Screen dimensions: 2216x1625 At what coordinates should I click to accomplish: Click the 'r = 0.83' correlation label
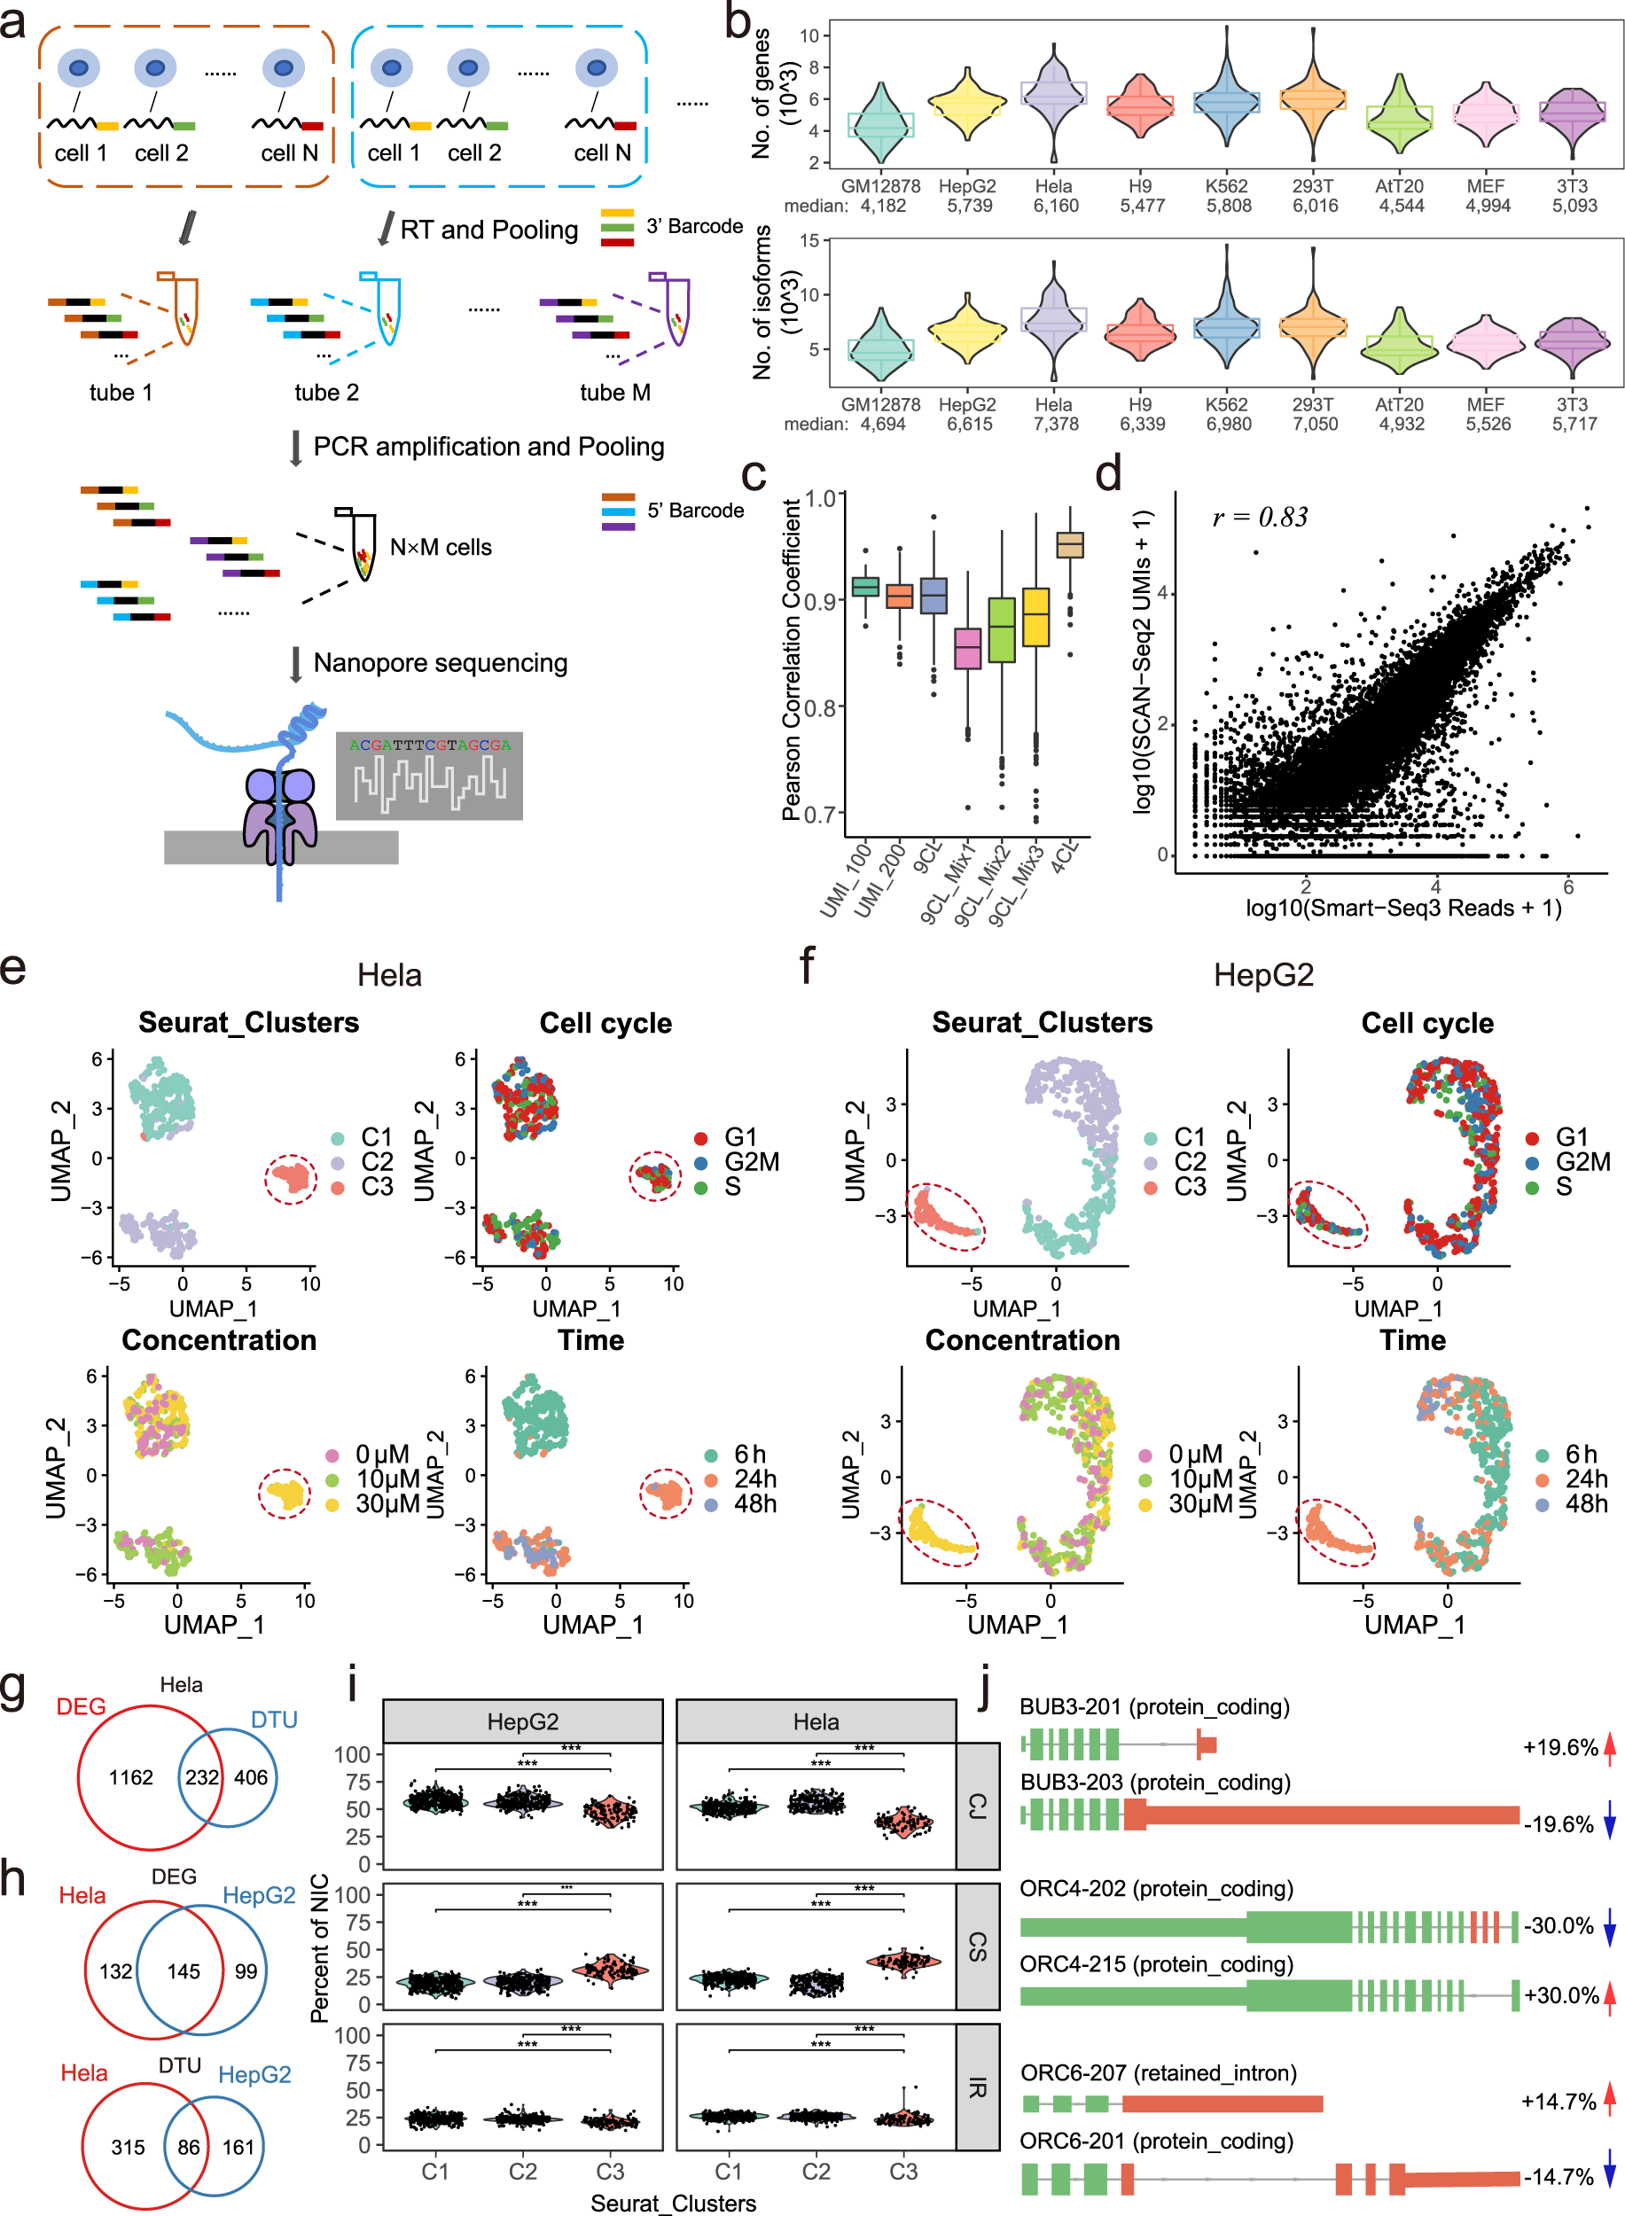pos(1260,518)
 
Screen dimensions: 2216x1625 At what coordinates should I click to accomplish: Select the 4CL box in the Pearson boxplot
pos(1069,544)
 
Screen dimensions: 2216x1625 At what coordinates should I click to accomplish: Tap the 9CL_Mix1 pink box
pos(968,649)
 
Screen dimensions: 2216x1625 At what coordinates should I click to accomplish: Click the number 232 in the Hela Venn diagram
pos(201,1777)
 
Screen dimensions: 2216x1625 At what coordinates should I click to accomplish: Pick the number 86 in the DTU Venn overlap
pos(188,2146)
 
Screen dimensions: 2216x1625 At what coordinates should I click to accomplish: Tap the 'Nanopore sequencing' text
pos(440,663)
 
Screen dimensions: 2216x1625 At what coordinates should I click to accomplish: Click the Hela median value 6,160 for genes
pos(1056,206)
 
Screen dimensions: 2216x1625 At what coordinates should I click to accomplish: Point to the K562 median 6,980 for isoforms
pos(1229,424)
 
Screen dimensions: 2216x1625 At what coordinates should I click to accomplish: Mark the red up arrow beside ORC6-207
pos(1609,2099)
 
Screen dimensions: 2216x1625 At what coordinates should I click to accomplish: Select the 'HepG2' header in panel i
pos(522,1721)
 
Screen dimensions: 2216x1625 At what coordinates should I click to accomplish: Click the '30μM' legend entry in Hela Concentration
pos(387,1503)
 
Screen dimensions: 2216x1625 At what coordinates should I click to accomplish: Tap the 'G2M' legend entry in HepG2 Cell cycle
pos(1582,1161)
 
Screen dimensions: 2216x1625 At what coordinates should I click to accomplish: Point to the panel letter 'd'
pos(1108,474)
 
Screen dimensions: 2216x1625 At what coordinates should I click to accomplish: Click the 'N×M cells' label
pos(441,547)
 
